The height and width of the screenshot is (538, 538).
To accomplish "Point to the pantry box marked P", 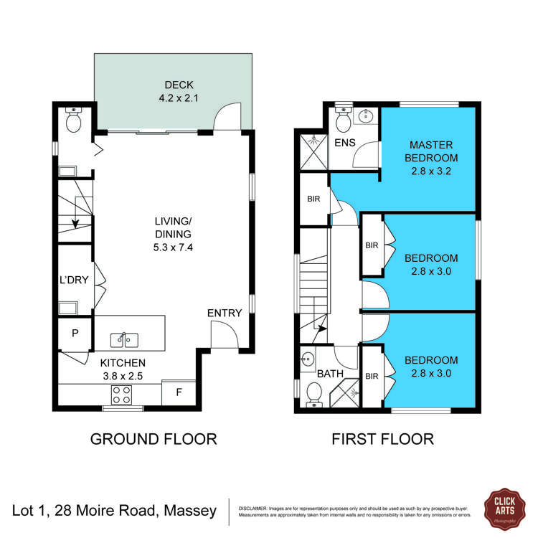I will (x=75, y=333).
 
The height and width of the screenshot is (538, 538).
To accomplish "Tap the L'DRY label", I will (x=74, y=280).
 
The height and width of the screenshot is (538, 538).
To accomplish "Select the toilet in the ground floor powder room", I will (x=72, y=121).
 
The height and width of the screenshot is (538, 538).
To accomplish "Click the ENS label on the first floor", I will (x=346, y=143).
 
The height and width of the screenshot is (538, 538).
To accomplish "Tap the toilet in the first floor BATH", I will (x=313, y=393).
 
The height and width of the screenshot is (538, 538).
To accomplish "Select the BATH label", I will (x=331, y=374).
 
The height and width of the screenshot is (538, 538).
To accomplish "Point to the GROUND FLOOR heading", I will (x=153, y=439).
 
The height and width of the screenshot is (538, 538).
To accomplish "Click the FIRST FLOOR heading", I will (x=382, y=439).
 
